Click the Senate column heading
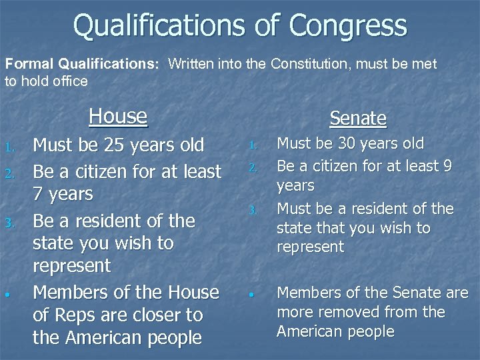pos(358,118)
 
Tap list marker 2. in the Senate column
pos(252,165)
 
